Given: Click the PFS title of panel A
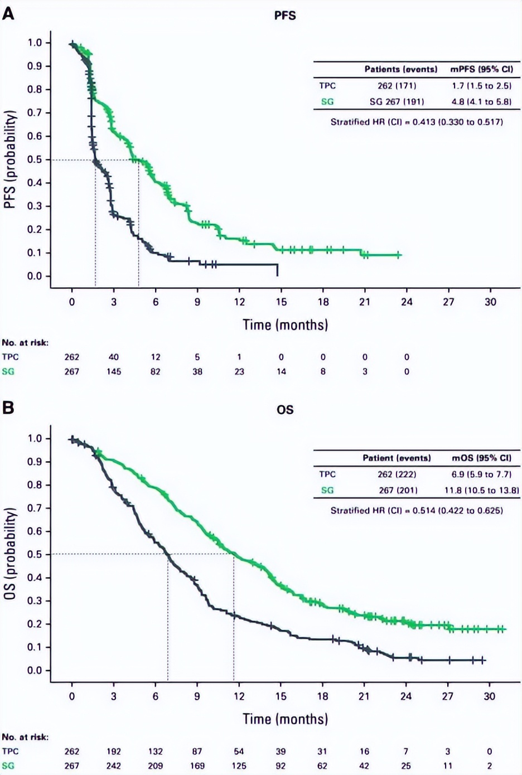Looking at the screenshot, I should pos(284,16).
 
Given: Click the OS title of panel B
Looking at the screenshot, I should pos(284,410).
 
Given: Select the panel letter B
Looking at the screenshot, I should pos(8,408).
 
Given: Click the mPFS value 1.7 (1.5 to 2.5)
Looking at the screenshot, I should pos(481,86).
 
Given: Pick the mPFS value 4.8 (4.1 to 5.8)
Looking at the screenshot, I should pos(481,102).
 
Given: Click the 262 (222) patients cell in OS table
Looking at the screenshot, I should pos(397,474).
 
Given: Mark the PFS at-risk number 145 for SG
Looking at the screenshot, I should pos(113,371).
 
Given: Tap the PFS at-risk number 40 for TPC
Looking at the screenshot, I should pos(113,357).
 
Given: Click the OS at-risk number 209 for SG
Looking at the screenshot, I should pos(155,766).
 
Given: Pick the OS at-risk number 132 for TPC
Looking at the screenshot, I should pos(155,752).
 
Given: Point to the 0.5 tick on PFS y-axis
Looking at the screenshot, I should pos(35,160).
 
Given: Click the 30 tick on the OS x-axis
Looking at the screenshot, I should pos(489,696).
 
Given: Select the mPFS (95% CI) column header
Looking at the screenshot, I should pos(481,70).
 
